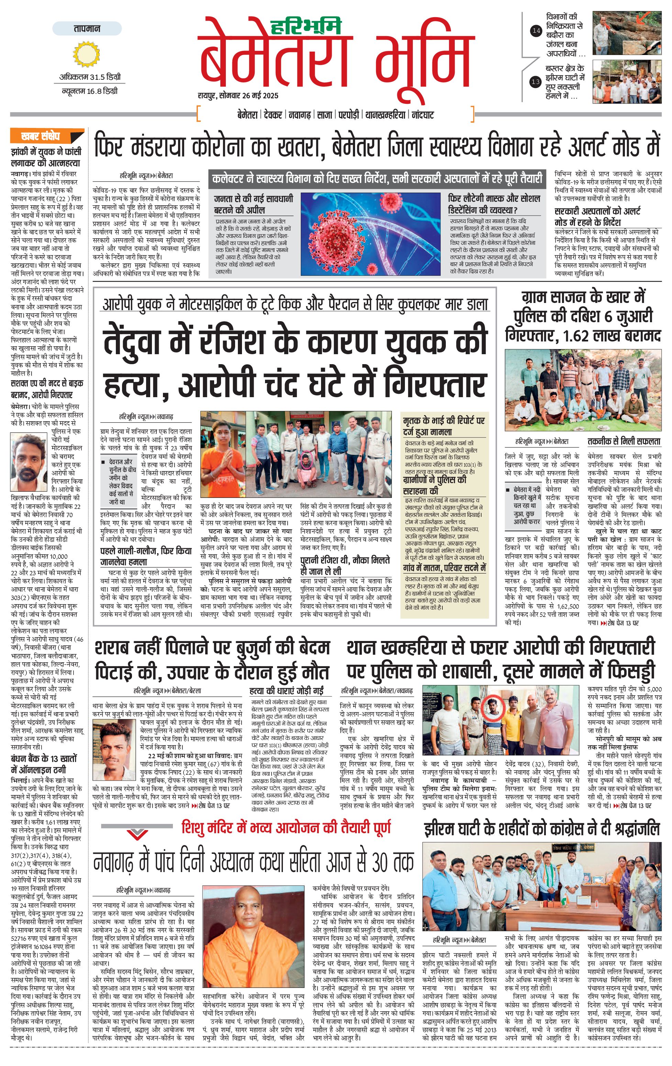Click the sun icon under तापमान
click(87, 54)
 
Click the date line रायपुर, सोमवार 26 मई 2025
click(238, 96)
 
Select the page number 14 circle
click(536, 31)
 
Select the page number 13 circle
click(536, 81)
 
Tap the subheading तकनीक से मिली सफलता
click(624, 442)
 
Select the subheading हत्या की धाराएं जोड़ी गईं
click(287, 690)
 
